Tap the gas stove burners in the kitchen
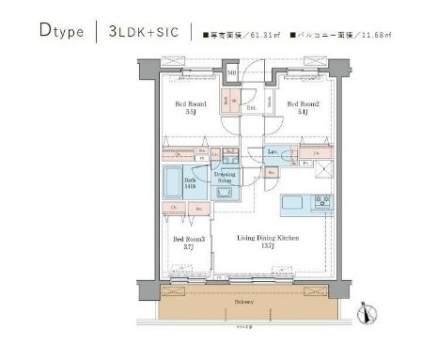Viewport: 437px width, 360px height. click(323, 200)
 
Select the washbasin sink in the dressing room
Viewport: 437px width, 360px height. click(226, 193)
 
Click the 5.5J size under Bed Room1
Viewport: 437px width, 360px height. click(191, 112)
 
